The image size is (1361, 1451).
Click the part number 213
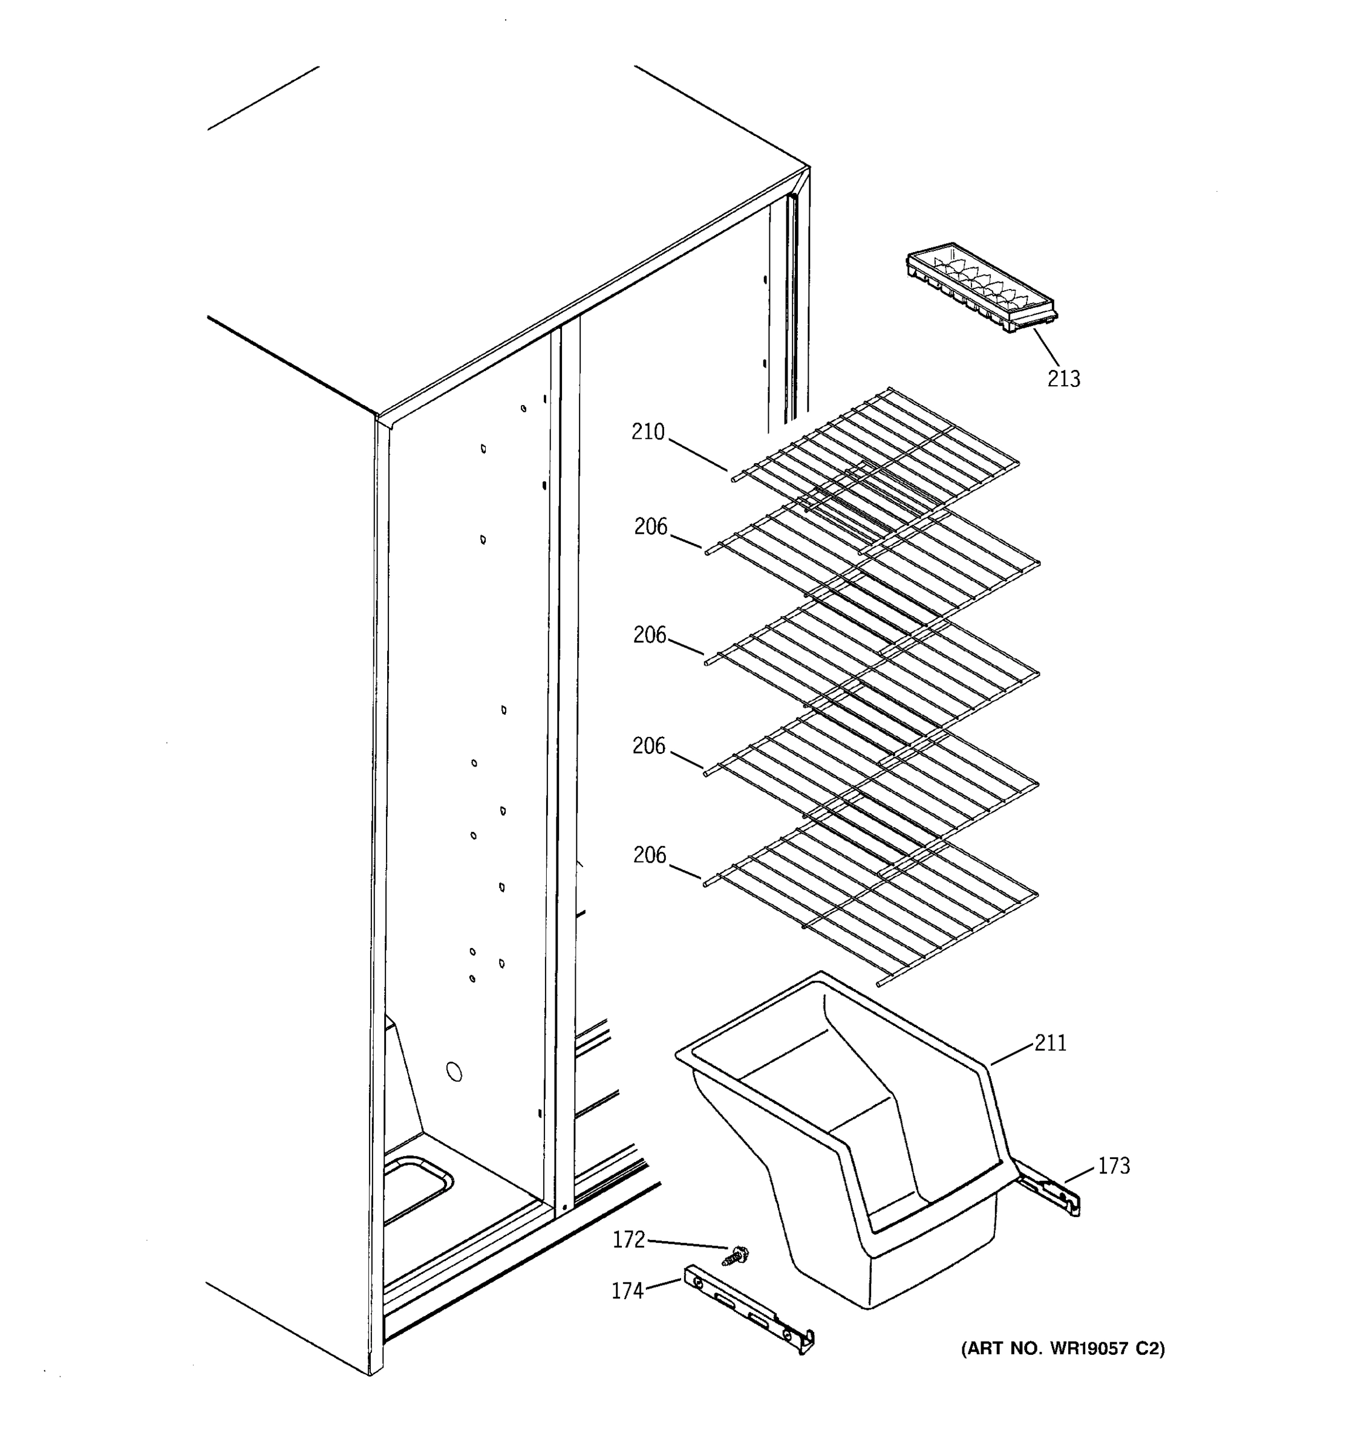(1063, 379)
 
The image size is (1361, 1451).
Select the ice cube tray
(981, 288)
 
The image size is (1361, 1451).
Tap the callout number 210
(648, 432)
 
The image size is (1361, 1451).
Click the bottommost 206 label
(649, 855)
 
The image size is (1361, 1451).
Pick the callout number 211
(1050, 1043)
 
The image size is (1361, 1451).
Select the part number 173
(1114, 1166)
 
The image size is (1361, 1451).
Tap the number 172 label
(628, 1240)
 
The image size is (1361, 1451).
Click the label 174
(627, 1292)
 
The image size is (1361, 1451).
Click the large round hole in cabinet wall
(454, 1072)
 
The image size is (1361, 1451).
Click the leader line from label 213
(1046, 348)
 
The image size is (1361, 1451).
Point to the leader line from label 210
(697, 455)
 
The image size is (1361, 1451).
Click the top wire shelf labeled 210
(876, 452)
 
